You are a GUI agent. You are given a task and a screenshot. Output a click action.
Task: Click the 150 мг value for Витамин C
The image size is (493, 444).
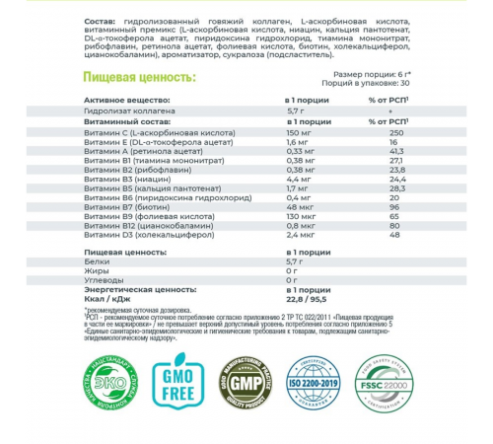pos(298,132)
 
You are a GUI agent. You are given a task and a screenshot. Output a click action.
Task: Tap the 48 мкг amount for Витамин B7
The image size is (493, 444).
pos(297,204)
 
